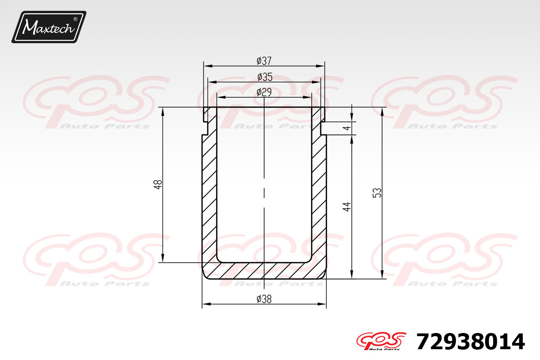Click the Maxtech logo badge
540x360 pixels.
tap(49, 27)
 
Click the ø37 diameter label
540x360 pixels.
tap(264, 61)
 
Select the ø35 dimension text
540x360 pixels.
tap(265, 77)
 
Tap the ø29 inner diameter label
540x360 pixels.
tap(264, 92)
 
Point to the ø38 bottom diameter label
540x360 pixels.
tap(264, 299)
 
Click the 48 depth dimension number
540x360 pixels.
tap(158, 184)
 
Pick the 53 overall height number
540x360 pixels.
tap(377, 193)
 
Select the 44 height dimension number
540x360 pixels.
tap(346, 207)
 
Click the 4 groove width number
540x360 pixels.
tap(346, 128)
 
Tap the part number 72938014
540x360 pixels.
tap(471, 342)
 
